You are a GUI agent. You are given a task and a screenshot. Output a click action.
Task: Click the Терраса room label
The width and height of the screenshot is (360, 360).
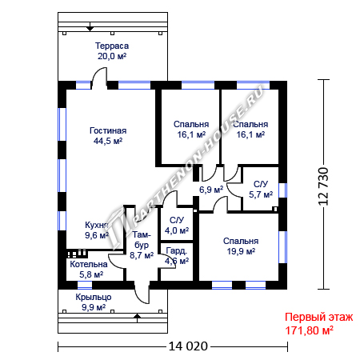coord(112,46)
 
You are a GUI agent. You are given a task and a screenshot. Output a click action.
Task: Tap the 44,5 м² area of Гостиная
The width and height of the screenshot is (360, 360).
coord(108,141)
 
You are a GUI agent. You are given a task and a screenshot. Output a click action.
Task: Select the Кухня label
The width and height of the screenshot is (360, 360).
coord(96,225)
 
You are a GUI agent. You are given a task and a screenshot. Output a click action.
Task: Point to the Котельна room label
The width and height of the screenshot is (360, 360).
coord(89,264)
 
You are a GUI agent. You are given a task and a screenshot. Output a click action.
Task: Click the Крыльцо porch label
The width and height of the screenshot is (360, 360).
coord(94,298)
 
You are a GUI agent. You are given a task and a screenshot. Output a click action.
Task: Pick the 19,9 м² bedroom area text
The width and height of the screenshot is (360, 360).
coord(241,251)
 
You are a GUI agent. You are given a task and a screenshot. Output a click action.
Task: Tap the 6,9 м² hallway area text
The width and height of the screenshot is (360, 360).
coord(211,190)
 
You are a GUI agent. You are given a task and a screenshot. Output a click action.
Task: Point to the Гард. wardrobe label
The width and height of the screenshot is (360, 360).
coord(176,251)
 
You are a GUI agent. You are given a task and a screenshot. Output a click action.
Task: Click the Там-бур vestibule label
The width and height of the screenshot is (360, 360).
coord(142,240)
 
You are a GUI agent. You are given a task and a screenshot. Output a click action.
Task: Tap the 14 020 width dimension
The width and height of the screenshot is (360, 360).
coord(188,346)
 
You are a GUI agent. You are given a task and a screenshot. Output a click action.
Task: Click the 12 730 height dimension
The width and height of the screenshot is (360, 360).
coord(323,186)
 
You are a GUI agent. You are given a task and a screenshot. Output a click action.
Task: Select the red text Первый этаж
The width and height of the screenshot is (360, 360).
coord(319,318)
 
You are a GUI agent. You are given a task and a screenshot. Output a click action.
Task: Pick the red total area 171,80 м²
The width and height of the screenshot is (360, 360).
coord(309,330)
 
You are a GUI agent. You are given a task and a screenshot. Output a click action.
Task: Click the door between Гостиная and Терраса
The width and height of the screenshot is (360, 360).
coord(99,78)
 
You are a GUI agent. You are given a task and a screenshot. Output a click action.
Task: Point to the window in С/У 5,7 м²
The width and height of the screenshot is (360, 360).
coord(282,190)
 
